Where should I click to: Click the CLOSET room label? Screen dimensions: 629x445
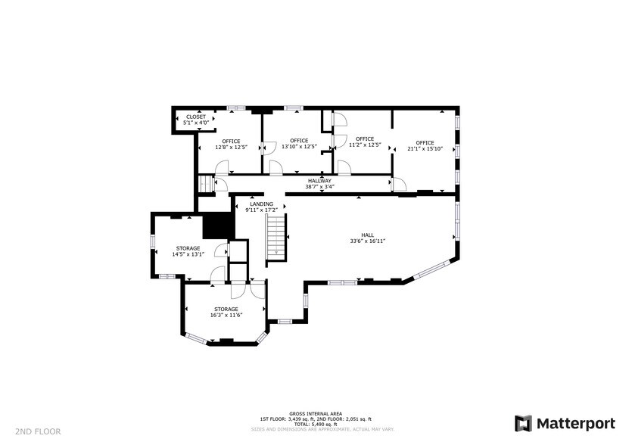pos(196,117)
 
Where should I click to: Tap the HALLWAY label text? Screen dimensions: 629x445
pos(319,181)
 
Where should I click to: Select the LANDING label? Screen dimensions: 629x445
pos(262,204)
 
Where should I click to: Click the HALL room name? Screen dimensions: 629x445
pos(367,235)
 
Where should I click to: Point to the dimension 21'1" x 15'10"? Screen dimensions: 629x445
pos(425,148)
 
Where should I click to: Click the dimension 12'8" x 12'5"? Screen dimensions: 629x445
pos(231,148)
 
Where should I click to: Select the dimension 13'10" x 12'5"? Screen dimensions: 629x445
pos(299,147)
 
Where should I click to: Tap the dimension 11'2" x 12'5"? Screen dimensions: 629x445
pos(365,145)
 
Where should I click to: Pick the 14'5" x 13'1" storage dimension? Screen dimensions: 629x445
pos(188,254)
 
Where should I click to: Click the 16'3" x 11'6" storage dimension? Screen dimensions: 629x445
pos(226,315)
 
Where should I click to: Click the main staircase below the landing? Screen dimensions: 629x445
pos(276,238)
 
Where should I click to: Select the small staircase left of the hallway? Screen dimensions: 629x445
pos(205,184)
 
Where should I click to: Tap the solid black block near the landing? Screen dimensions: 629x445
pos(218,226)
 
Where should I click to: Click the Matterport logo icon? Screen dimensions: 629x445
pos(523,424)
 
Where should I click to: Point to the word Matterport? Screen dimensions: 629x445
pos(576,424)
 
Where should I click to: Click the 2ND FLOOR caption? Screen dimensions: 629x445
pos(38,432)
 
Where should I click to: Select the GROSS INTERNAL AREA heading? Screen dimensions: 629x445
pos(316,414)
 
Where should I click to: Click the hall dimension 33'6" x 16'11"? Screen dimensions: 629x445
pos(368,241)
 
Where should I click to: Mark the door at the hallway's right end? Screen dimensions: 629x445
pos(398,184)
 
